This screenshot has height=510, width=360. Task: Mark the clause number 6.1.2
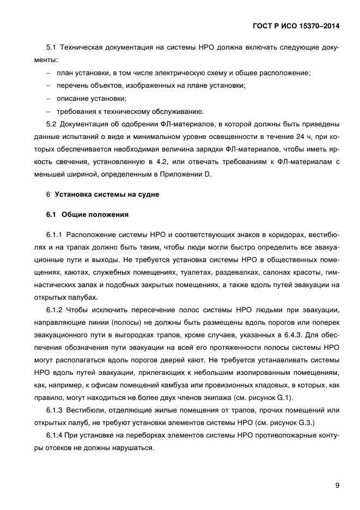click(x=55, y=310)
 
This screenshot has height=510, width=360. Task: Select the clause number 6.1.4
click(x=55, y=435)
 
